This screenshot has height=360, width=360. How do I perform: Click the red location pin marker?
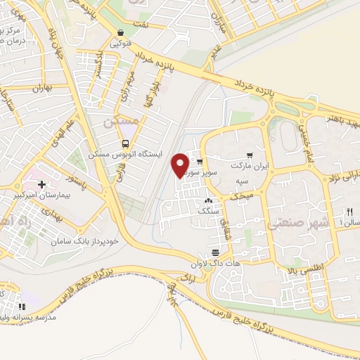click(x=180, y=165)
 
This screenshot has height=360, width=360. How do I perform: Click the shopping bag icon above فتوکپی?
click(x=121, y=33)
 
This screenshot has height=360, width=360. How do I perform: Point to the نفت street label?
click(x=142, y=25)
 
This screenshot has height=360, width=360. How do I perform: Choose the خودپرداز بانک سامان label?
click(x=81, y=241)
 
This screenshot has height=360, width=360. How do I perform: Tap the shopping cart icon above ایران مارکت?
click(x=249, y=155)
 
